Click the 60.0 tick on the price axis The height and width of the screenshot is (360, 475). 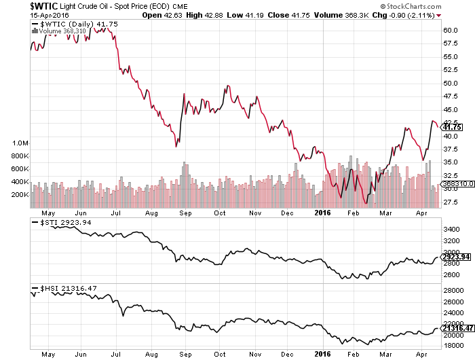[451, 30]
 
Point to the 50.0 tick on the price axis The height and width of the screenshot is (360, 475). [451, 83]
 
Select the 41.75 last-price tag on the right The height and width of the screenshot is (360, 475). [452, 126]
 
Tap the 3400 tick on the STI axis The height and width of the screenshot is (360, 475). [451, 230]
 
